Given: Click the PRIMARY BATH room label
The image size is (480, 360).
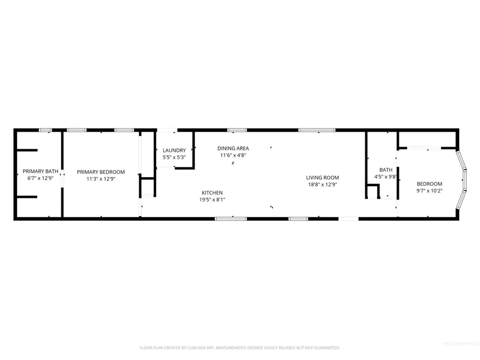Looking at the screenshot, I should pyautogui.click(x=41, y=171).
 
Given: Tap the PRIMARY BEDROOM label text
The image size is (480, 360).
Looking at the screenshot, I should pyautogui.click(x=101, y=172).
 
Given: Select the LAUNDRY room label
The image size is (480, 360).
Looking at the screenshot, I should pyautogui.click(x=174, y=150).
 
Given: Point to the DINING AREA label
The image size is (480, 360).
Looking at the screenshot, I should pyautogui.click(x=233, y=148).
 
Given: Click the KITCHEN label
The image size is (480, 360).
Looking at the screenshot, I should pyautogui.click(x=212, y=193).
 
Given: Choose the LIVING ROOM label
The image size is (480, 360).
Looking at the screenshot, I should pyautogui.click(x=322, y=178).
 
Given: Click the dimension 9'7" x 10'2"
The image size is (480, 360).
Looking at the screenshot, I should pyautogui.click(x=429, y=190).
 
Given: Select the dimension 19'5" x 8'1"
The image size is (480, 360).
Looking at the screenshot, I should pyautogui.click(x=212, y=199).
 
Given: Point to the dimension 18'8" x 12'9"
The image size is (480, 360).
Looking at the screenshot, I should pyautogui.click(x=322, y=185).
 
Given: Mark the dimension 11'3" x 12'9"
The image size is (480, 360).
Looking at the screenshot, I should pyautogui.click(x=101, y=179).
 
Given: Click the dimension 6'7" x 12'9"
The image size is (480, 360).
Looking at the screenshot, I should pyautogui.click(x=41, y=178).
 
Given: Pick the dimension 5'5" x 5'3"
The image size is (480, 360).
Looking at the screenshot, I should pyautogui.click(x=174, y=157).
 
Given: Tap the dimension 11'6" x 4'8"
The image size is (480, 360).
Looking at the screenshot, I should pyautogui.click(x=233, y=155).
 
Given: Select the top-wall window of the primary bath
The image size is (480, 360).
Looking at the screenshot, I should pyautogui.click(x=46, y=130).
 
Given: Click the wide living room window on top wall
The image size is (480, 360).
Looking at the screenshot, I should pyautogui.click(x=316, y=130).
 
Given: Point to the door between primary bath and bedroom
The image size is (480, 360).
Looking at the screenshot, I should pyautogui.click(x=62, y=178).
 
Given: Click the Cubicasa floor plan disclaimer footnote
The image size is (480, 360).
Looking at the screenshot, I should pyautogui.click(x=239, y=348).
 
